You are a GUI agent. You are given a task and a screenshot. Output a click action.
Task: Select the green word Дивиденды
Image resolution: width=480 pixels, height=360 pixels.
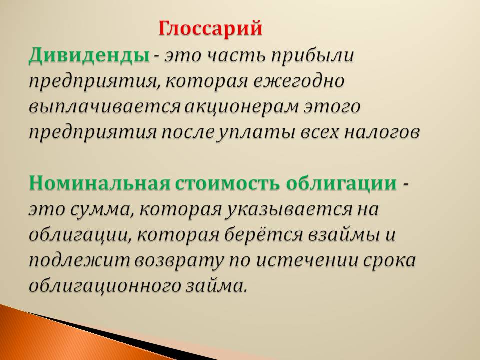click(x=89, y=55)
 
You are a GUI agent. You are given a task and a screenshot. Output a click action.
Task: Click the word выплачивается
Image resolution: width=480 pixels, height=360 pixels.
click(x=105, y=107)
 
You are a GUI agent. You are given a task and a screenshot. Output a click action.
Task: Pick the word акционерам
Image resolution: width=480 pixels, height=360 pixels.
click(x=242, y=107)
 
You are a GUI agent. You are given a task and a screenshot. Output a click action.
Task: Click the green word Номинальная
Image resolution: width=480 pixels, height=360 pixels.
click(x=99, y=183)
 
